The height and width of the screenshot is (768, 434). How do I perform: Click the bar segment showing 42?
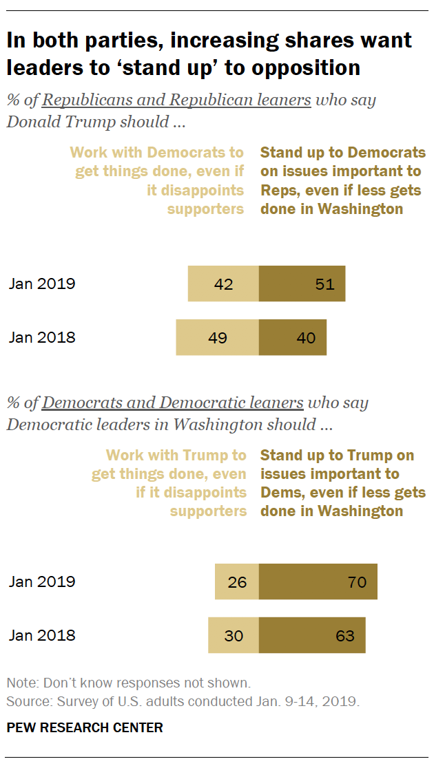(x=223, y=284)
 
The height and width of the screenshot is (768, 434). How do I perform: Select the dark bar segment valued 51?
(x=302, y=284)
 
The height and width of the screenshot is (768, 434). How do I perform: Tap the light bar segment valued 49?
(x=217, y=338)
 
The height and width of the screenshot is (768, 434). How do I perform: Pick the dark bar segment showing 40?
(x=293, y=338)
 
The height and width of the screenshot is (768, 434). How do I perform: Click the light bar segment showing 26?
(x=236, y=582)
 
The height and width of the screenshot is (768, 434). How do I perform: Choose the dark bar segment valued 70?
(x=318, y=582)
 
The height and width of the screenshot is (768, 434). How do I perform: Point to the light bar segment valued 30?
(x=234, y=636)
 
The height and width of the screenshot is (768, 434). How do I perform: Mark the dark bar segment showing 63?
(x=312, y=636)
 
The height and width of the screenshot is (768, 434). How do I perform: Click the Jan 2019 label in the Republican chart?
(x=42, y=284)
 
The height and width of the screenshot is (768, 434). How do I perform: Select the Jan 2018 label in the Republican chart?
(x=42, y=338)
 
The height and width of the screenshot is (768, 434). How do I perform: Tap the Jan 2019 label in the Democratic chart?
(x=42, y=582)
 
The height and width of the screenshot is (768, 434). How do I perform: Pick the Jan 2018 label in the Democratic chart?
(x=42, y=636)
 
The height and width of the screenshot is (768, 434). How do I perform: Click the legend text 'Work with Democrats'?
(x=157, y=153)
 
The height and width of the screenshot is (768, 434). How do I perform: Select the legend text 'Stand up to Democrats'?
(x=343, y=153)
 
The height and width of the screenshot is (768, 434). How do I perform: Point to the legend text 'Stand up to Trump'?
(x=338, y=456)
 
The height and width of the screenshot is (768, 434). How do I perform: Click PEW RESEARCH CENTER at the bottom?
(x=85, y=728)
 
